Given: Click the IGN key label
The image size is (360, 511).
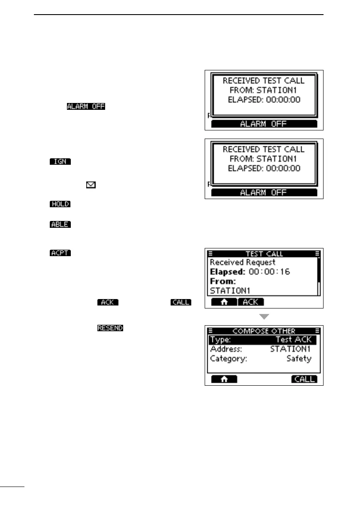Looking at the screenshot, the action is [60, 162].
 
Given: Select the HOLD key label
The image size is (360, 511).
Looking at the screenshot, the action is [60, 204].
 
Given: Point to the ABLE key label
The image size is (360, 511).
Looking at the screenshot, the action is [60, 224].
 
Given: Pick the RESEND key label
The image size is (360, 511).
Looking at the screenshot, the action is [110, 328].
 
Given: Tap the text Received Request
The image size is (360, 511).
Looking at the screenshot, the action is [242, 262].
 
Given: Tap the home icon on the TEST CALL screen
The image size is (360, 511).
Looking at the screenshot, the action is [224, 302].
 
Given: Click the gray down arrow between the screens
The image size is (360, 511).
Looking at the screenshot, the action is [264, 317].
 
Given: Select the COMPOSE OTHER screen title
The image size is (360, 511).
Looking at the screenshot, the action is [263, 331].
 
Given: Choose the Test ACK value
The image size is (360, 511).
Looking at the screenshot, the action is [293, 339].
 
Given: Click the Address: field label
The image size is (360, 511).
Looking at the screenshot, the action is [226, 349].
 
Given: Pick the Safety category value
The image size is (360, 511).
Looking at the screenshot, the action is [299, 358].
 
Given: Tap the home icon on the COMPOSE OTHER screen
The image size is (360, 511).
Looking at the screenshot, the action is [224, 379].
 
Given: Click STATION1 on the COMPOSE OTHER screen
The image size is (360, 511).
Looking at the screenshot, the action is [290, 349].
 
